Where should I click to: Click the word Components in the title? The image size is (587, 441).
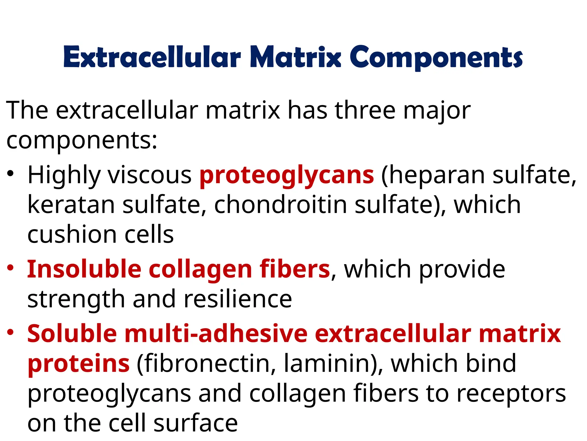click(x=436, y=57)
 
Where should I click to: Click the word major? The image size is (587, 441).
click(x=437, y=111)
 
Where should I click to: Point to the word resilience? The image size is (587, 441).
click(x=238, y=299)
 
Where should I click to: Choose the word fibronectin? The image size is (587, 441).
click(x=207, y=363)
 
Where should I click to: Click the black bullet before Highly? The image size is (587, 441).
click(x=11, y=173)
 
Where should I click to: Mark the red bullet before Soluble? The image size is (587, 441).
click(x=11, y=332)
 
